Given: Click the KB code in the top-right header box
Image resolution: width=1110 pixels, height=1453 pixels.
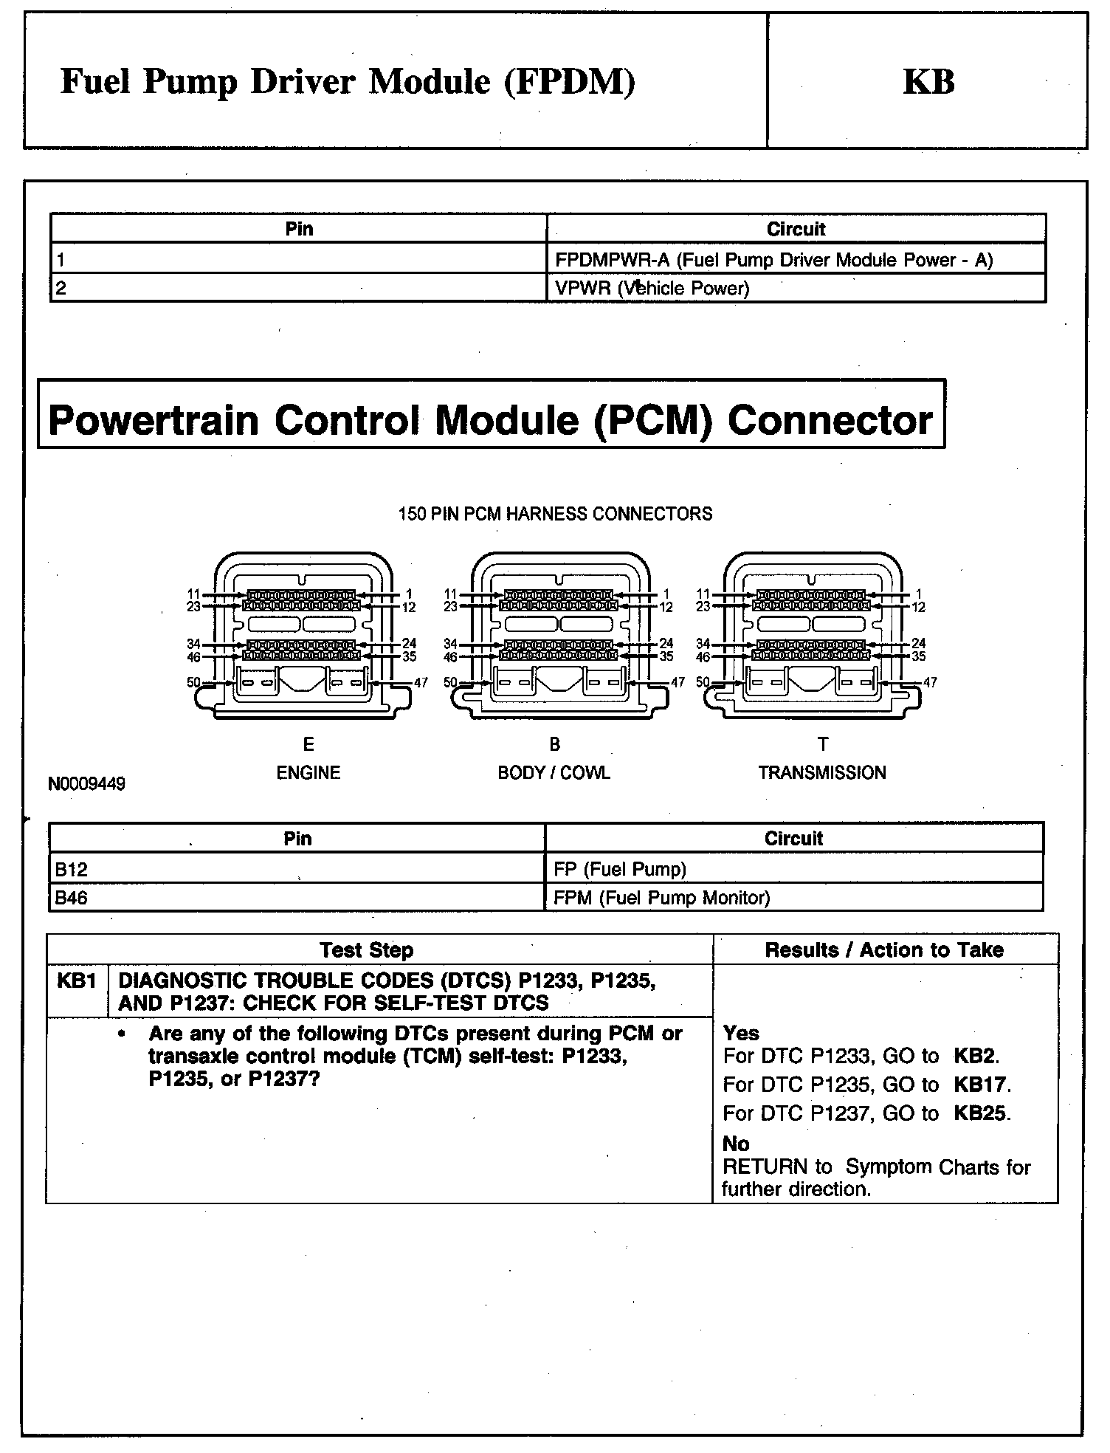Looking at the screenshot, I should click(928, 82).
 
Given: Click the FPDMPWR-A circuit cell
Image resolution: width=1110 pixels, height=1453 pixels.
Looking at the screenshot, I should click(773, 260).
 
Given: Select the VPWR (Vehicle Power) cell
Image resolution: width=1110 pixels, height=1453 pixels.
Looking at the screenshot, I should click(652, 289).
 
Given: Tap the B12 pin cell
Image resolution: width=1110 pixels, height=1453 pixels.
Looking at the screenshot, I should click(72, 870).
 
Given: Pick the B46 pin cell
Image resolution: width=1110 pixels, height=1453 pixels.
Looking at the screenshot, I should click(72, 899).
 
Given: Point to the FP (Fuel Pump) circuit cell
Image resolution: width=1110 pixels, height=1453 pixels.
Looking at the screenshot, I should click(619, 870).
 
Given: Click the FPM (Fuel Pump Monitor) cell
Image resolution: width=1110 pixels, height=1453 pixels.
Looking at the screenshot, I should click(661, 899).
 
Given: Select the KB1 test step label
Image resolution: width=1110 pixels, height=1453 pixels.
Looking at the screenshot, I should click(77, 981).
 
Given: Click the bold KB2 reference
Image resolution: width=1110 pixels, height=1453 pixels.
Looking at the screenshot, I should click(976, 1057).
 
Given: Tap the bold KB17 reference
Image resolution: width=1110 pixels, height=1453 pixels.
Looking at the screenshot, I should click(981, 1085).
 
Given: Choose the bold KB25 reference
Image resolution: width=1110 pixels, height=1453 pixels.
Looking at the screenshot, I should click(981, 1113).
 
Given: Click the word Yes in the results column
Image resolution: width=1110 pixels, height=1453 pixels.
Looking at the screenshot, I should click(740, 1033).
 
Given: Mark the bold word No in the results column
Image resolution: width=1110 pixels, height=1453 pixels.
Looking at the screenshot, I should click(736, 1144).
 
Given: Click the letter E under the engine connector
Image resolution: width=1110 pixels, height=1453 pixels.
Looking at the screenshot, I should click(308, 744).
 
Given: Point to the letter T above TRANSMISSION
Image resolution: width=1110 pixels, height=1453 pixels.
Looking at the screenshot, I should click(823, 744).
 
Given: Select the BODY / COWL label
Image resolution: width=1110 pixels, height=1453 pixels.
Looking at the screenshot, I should click(554, 773).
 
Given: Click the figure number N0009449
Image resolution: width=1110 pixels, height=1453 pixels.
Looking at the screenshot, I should click(87, 784).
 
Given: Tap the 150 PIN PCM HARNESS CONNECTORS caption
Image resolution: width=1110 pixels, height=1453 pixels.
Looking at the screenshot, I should click(555, 514).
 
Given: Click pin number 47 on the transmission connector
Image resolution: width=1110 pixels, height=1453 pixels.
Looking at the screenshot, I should click(930, 682).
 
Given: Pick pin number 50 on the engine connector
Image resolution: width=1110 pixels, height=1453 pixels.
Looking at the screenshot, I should click(193, 682).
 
